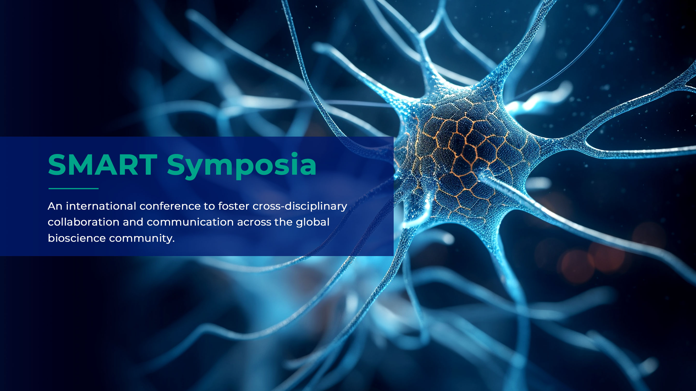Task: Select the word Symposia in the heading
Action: (x=242, y=166)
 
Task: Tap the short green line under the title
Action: (x=73, y=188)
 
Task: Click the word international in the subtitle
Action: (x=101, y=206)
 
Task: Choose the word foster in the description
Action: (x=234, y=206)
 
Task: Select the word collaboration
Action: (x=83, y=222)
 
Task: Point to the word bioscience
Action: (x=77, y=238)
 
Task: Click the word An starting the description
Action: (x=55, y=206)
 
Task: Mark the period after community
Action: (x=174, y=242)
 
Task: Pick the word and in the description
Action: (x=133, y=222)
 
